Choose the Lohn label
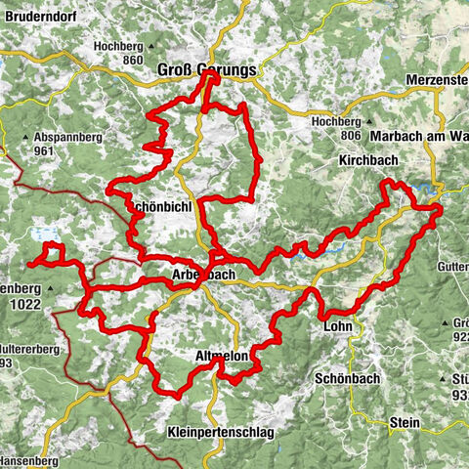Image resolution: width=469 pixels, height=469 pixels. pos(337,329)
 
